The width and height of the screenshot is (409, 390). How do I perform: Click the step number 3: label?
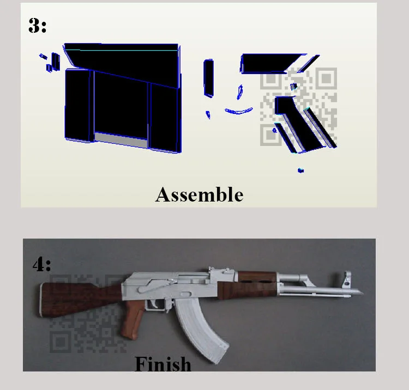pos(37,26)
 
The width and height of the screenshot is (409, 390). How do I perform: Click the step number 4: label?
pos(42,264)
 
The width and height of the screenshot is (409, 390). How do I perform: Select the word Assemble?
pos(199,194)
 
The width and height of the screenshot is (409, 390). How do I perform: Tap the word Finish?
pos(163,364)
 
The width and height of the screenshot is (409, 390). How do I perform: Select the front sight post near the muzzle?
pos(347,279)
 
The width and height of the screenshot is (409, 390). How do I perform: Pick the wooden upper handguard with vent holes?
pos(257,277)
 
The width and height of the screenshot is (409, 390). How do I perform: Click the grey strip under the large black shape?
pos(121,139)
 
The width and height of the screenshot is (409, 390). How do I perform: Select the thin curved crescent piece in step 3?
pos(239,111)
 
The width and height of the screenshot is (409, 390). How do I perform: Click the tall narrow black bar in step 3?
pos(209,78)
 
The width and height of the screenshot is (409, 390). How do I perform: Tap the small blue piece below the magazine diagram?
pos(300,170)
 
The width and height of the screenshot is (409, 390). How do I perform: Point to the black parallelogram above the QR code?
pos(271,63)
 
